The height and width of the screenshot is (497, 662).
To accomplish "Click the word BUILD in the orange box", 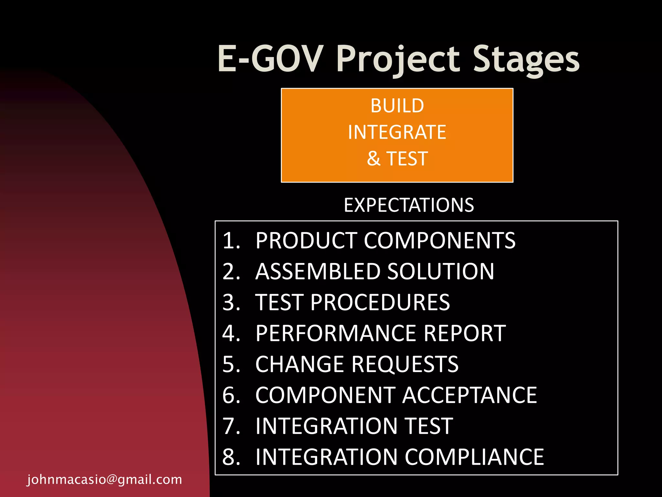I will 397,106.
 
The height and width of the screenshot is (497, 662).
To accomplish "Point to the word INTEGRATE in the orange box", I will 397,132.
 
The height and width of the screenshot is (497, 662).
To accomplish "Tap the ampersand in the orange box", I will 374,159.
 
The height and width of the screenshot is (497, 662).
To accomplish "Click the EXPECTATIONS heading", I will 409,205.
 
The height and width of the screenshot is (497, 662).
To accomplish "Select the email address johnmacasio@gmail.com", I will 105,480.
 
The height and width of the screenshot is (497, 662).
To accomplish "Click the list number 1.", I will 231,241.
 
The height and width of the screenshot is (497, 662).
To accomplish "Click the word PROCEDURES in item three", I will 380,303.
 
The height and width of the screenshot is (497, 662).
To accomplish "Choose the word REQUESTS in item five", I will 405,364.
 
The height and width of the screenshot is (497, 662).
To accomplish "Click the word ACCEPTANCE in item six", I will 469,395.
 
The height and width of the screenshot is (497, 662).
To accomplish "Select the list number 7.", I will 231,426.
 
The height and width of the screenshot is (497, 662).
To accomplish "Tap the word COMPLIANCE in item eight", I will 474,457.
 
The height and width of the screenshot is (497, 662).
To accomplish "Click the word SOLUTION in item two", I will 441,271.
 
